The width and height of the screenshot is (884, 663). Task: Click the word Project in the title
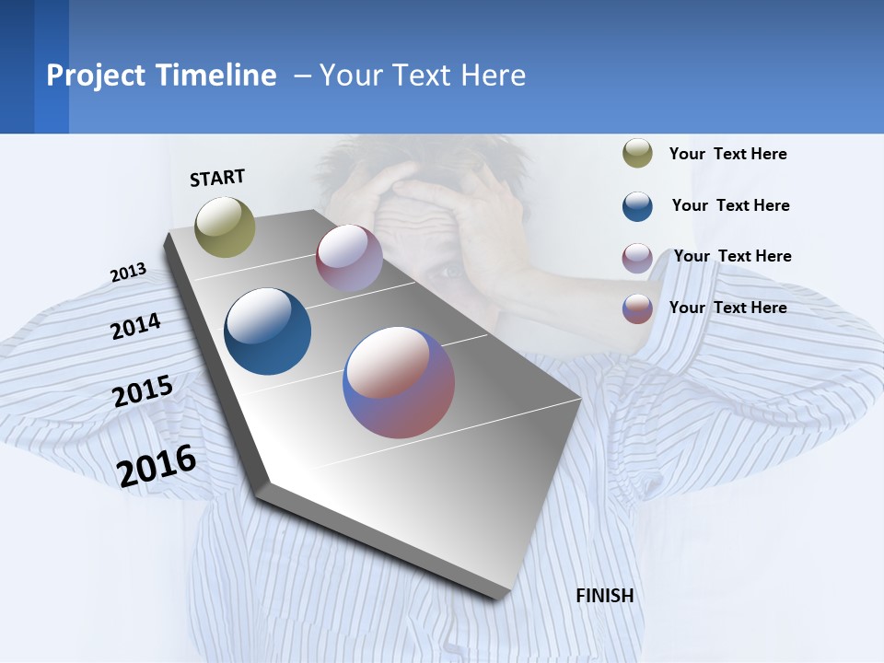pyautogui.click(x=96, y=76)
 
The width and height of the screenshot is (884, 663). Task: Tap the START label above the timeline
pyautogui.click(x=217, y=178)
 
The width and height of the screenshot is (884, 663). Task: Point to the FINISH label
pyautogui.click(x=604, y=596)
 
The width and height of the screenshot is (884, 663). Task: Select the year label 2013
pyautogui.click(x=128, y=273)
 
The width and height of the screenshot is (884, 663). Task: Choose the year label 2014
pyautogui.click(x=135, y=326)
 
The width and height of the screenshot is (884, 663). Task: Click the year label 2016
pyautogui.click(x=157, y=466)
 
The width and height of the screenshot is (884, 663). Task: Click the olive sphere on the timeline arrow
pyautogui.click(x=225, y=227)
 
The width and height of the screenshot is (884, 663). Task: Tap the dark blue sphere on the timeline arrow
pyautogui.click(x=267, y=331)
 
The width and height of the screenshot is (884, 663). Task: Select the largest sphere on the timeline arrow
pyautogui.click(x=399, y=382)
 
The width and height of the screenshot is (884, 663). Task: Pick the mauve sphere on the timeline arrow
pyautogui.click(x=349, y=258)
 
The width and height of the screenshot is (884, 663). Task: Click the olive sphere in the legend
pyautogui.click(x=637, y=154)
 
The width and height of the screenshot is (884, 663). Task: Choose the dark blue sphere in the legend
pyautogui.click(x=637, y=206)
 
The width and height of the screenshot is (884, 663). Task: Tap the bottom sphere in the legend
pyautogui.click(x=637, y=308)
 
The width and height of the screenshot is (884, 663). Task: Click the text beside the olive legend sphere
pyautogui.click(x=727, y=154)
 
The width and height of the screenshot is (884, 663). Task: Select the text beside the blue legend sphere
pyautogui.click(x=730, y=205)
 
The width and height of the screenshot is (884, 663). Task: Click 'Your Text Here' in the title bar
pyautogui.click(x=423, y=76)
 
